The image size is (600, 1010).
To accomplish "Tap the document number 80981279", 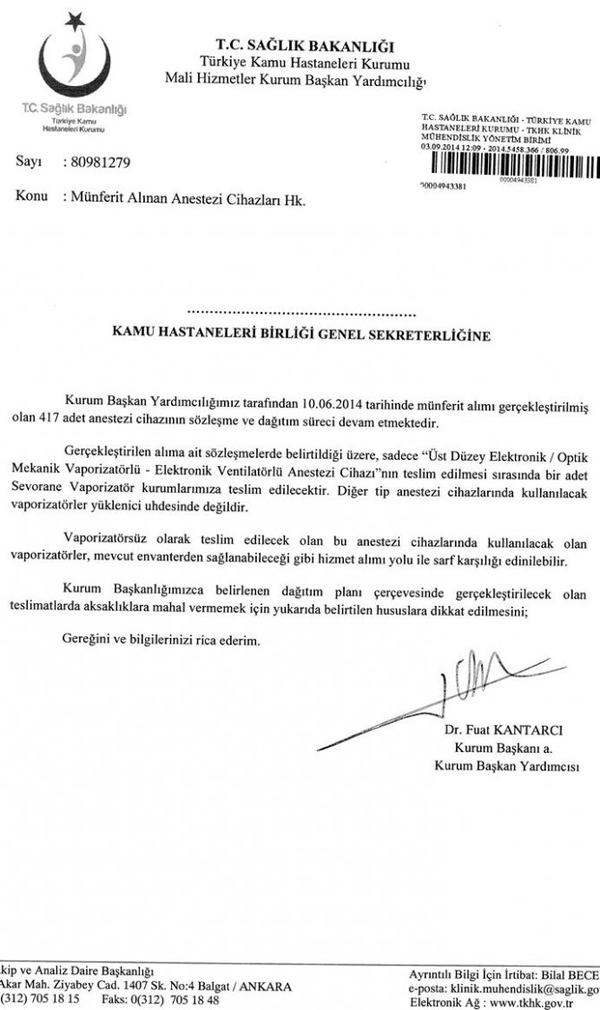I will [x=100, y=163].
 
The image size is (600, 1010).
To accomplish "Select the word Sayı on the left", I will [x=30, y=163].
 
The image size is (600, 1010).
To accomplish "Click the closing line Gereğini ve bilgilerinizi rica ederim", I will [x=159, y=642].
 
